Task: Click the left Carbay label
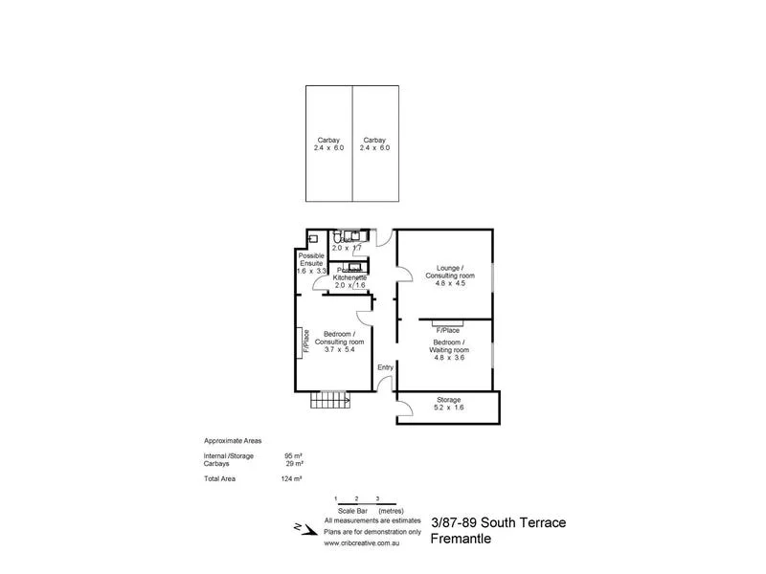click(327, 140)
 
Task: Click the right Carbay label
click(374, 140)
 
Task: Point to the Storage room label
click(448, 400)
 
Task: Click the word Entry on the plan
click(385, 367)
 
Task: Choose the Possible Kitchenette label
click(349, 274)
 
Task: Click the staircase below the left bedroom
click(327, 400)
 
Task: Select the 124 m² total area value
click(293, 477)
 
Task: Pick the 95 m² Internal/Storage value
click(293, 455)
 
